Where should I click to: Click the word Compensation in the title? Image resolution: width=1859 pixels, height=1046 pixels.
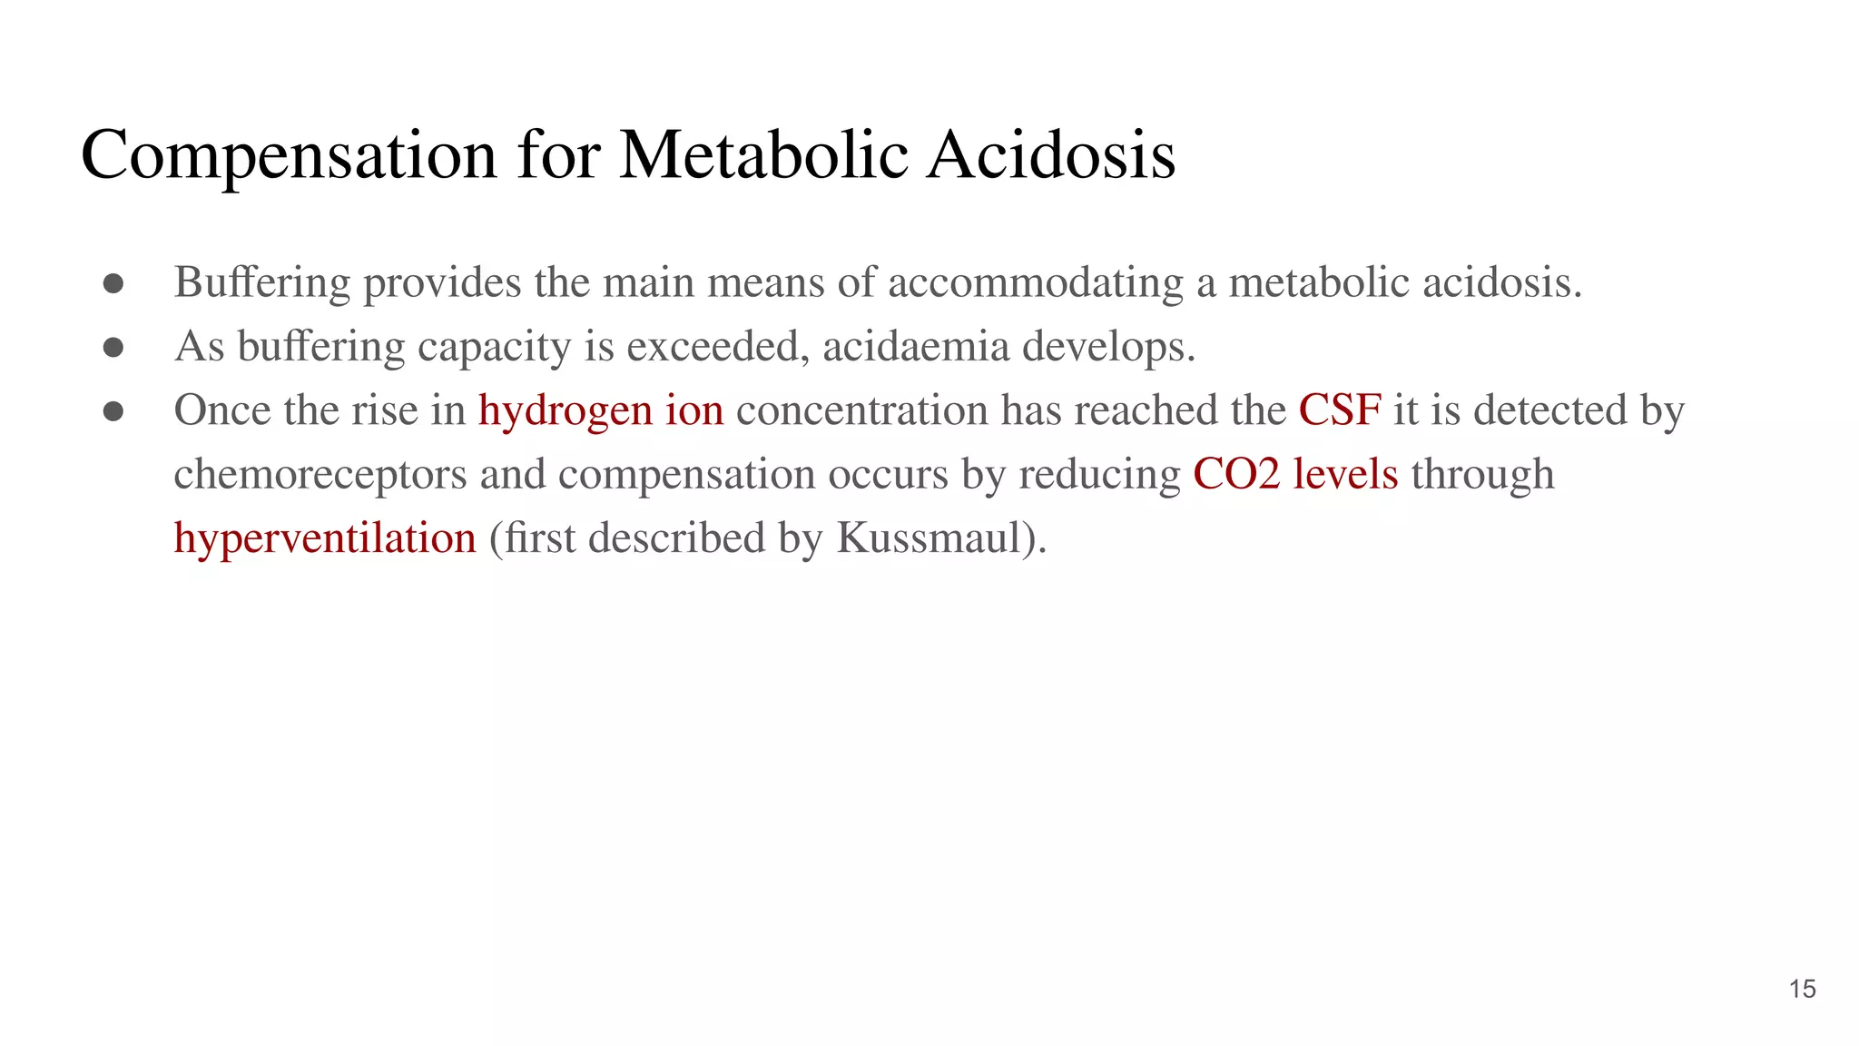(x=289, y=154)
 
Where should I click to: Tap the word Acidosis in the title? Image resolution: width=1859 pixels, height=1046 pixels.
(x=1051, y=154)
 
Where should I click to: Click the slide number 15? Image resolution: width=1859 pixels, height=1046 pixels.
(x=1802, y=989)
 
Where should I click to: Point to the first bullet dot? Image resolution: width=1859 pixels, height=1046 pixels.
(x=113, y=283)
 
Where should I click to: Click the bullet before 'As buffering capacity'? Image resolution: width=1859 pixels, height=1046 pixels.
(x=113, y=348)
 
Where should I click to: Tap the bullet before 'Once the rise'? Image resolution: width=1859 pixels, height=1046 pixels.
(x=113, y=411)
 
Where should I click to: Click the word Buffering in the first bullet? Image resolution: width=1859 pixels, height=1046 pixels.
(x=261, y=282)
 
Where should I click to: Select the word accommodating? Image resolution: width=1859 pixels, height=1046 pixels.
(x=1036, y=282)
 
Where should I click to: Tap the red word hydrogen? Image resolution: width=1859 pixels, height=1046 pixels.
(x=566, y=411)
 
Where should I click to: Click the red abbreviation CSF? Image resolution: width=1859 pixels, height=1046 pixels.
(x=1340, y=410)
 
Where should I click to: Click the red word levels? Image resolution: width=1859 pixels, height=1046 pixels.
(x=1345, y=475)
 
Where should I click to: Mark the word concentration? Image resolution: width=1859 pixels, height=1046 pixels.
(x=861, y=411)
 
